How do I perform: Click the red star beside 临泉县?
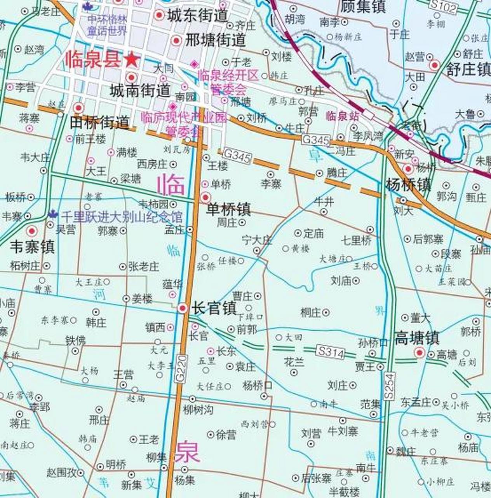click(132, 60)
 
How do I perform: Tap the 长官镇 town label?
click(214, 309)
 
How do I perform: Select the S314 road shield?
click(331, 352)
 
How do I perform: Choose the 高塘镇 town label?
click(416, 338)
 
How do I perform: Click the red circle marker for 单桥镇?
click(205, 197)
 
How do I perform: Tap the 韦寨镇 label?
click(32, 247)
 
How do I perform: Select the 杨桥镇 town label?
click(408, 184)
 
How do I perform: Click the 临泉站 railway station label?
click(343, 116)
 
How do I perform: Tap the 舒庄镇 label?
click(468, 70)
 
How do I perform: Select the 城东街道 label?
click(197, 16)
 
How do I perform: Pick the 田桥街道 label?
click(99, 123)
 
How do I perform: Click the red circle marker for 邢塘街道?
click(176, 40)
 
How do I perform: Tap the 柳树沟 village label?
click(198, 409)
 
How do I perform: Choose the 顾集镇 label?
click(363, 6)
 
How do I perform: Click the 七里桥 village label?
click(356, 240)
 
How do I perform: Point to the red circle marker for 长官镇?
click(183, 308)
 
